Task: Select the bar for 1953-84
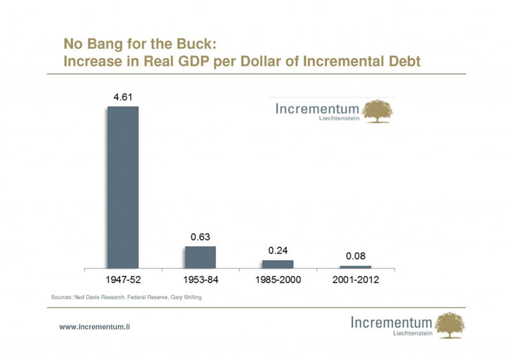201,257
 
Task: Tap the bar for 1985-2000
278,264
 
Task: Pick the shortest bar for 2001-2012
356,266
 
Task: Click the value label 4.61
123,97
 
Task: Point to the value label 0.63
201,237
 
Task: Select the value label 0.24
278,250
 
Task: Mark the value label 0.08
356,256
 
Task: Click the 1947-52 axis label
123,280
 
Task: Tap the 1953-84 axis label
201,280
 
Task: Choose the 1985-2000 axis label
278,280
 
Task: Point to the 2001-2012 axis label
356,280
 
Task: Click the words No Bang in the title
89,45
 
